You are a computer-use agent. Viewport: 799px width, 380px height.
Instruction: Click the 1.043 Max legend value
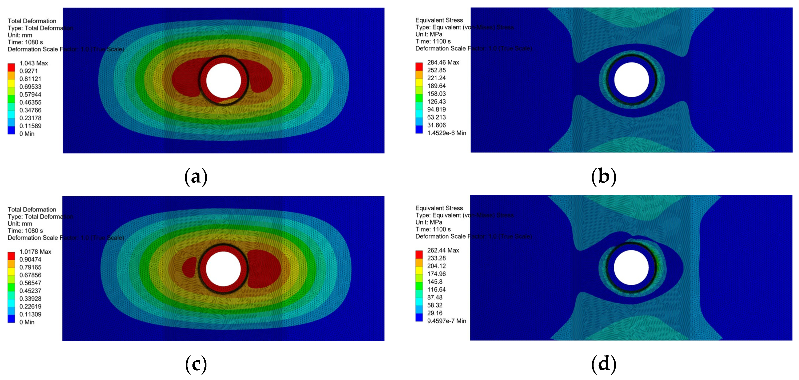[33, 63]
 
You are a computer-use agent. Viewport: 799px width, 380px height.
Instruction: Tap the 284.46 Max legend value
[443, 62]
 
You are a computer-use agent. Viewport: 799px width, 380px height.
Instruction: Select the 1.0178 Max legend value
[35, 251]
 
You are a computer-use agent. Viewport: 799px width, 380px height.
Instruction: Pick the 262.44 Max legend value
[443, 250]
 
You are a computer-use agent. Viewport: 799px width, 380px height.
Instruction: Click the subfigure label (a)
[196, 177]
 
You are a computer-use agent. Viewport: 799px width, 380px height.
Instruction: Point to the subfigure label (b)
[604, 177]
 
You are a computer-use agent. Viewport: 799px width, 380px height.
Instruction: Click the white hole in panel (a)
[224, 80]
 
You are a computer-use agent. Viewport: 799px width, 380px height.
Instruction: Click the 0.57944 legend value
[30, 94]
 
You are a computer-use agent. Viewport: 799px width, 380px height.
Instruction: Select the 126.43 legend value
[436, 101]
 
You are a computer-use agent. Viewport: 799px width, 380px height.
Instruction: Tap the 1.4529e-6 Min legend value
[446, 133]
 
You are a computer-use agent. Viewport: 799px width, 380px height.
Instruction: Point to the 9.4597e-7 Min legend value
[446, 321]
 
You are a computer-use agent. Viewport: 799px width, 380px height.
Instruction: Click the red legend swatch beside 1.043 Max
[11, 67]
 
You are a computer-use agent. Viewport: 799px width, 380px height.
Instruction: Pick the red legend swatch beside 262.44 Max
[419, 254]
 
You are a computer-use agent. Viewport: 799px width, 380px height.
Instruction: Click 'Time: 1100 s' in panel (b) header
[433, 41]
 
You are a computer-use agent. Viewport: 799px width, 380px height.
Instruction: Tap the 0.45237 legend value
[30, 291]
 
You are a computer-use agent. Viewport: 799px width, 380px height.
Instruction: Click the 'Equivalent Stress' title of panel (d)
[439, 208]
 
